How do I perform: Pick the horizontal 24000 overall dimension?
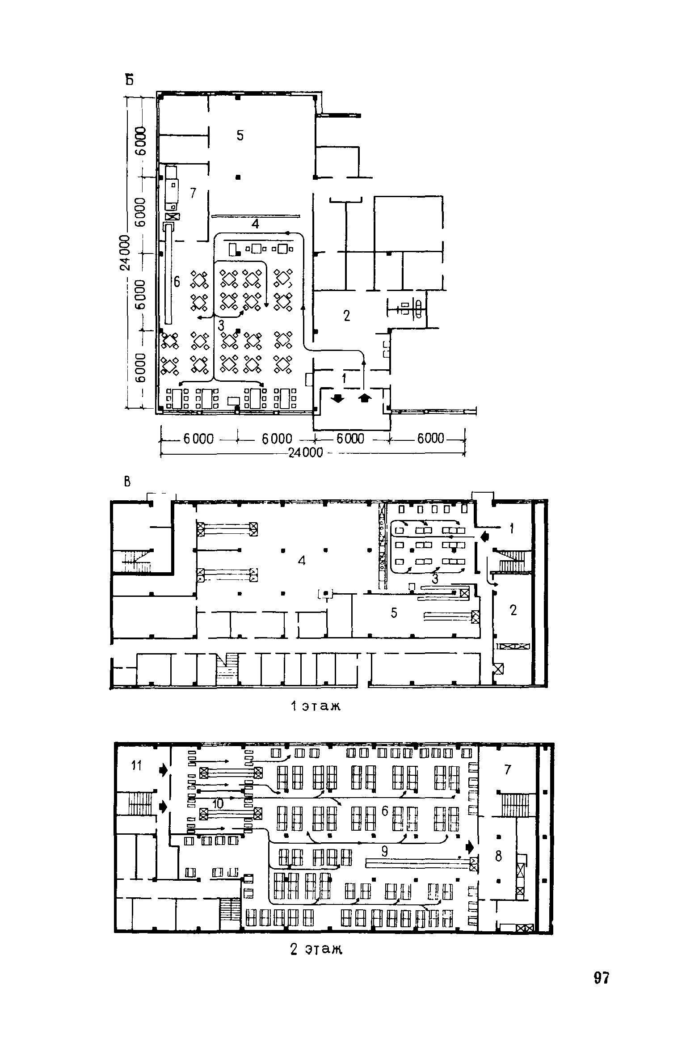[306, 452]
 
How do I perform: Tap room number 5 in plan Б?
[240, 135]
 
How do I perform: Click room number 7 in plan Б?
[193, 193]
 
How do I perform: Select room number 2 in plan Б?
[347, 316]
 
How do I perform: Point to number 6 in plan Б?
[177, 282]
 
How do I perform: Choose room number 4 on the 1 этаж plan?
[302, 561]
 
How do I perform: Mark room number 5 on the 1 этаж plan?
[394, 613]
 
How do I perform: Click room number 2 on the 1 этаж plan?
[513, 610]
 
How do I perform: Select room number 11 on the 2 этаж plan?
[136, 766]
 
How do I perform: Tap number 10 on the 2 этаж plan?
[218, 803]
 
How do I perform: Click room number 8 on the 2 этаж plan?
[499, 856]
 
